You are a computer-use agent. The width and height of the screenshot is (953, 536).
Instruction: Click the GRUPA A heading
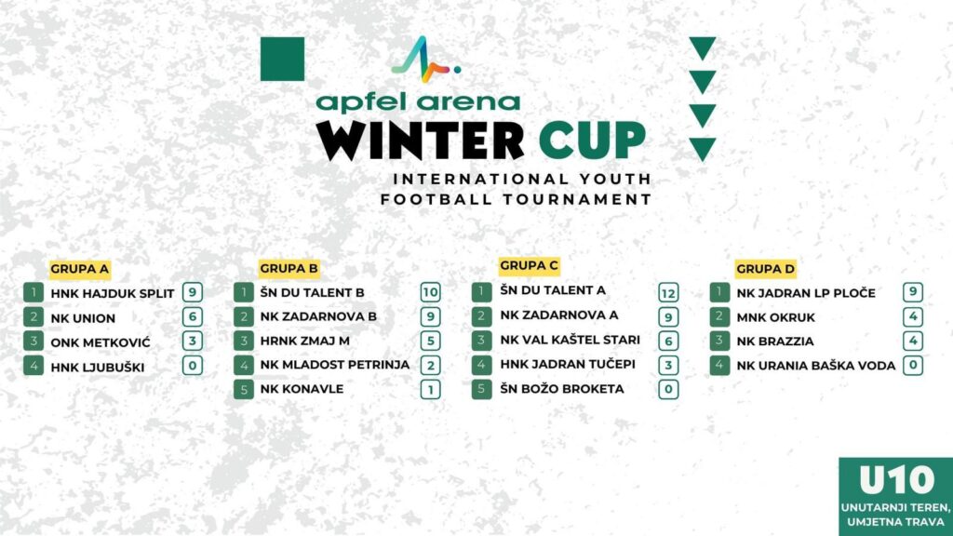click(80, 269)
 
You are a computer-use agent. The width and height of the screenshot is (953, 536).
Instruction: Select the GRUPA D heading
click(765, 269)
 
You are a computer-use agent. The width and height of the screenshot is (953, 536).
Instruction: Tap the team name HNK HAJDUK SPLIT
click(113, 293)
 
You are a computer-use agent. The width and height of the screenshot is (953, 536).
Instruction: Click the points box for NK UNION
click(193, 316)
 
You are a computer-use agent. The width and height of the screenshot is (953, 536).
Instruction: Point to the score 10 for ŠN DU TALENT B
click(430, 292)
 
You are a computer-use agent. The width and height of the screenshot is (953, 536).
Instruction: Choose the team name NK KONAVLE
click(302, 389)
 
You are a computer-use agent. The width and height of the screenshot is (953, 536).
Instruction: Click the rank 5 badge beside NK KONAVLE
click(244, 390)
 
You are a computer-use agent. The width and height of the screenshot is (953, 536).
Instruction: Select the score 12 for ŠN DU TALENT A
click(668, 293)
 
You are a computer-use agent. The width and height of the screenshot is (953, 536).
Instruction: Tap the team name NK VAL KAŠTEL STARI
click(570, 340)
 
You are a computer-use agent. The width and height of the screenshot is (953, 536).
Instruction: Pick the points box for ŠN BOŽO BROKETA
click(668, 390)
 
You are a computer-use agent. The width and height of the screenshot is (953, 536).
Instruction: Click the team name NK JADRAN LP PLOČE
click(806, 293)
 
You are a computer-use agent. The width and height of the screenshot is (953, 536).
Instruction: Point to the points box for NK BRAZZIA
click(913, 341)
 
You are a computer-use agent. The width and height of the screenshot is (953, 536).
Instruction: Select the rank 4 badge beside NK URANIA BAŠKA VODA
click(719, 366)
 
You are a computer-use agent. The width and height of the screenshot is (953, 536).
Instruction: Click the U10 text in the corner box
click(896, 480)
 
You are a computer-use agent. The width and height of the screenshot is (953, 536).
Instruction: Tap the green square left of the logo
click(283, 59)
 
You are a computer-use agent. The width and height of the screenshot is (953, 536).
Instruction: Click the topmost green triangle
click(703, 47)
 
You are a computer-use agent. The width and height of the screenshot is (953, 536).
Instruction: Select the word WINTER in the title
click(420, 141)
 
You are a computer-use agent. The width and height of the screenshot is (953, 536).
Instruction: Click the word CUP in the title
click(592, 140)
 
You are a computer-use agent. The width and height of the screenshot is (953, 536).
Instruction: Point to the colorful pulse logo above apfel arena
click(425, 60)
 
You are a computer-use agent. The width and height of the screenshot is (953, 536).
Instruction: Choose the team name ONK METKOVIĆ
click(101, 342)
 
